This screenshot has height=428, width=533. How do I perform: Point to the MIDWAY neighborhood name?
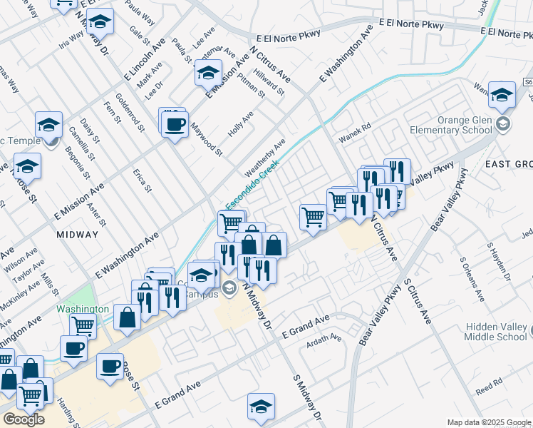(77, 235)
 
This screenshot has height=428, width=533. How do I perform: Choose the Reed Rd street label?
(490, 387)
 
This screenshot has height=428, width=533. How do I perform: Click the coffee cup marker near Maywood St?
(174, 125)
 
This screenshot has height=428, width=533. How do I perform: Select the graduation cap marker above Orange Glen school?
(502, 94)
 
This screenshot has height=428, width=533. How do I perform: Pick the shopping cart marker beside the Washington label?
(83, 325)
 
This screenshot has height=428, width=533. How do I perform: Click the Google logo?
(23, 419)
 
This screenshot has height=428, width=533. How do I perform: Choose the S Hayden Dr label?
(500, 261)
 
